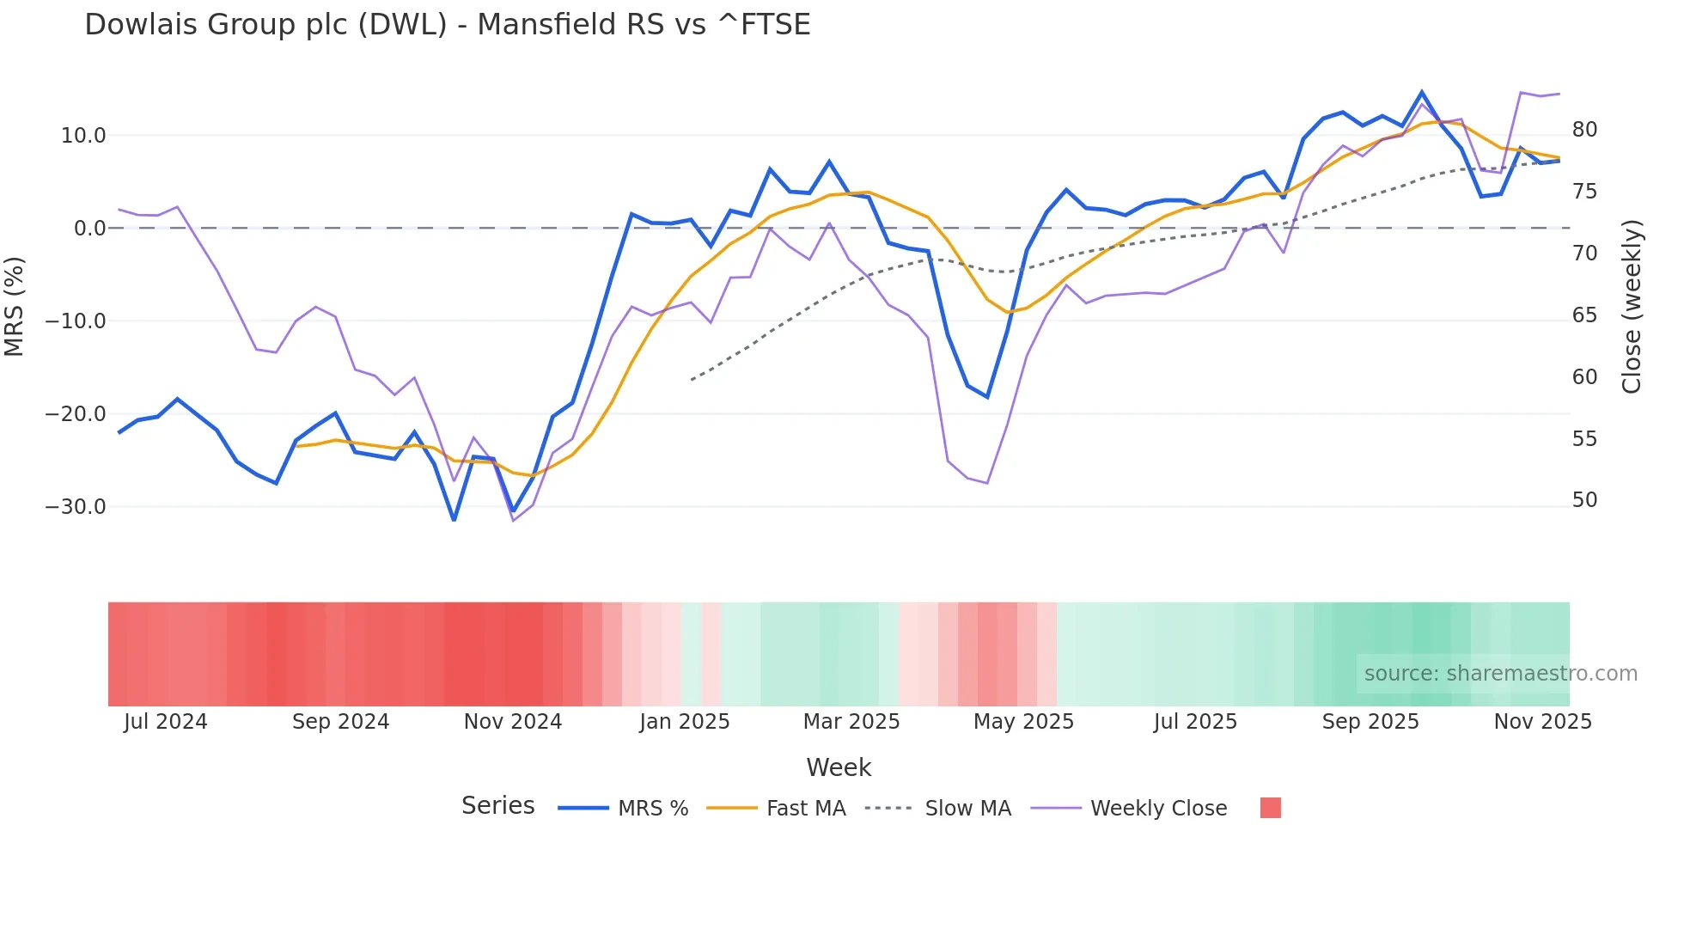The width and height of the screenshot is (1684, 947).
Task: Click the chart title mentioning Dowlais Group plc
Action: (447, 25)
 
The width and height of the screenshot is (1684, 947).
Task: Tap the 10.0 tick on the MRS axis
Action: (83, 136)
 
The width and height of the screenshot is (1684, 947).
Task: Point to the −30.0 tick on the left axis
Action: (76, 507)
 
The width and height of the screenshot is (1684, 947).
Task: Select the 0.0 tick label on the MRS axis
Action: (89, 229)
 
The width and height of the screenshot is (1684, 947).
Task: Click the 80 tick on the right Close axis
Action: (1584, 130)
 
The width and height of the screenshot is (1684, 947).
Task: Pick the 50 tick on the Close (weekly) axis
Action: (1584, 500)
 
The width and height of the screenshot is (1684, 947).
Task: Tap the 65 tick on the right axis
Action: (1584, 315)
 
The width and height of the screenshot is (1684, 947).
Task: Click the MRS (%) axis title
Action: (15, 306)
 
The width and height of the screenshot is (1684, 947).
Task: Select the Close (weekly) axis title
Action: (1632, 306)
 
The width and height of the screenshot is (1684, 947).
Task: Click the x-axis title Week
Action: (839, 767)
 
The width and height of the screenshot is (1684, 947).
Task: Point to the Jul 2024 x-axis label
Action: (166, 722)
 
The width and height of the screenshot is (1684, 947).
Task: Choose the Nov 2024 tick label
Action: (513, 722)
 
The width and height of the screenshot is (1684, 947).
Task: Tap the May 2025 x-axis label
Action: (1023, 722)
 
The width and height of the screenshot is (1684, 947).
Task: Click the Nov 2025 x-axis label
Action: (1542, 722)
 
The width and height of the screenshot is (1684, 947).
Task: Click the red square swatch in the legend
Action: (1270, 808)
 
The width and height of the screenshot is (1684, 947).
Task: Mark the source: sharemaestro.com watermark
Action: (1500, 674)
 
